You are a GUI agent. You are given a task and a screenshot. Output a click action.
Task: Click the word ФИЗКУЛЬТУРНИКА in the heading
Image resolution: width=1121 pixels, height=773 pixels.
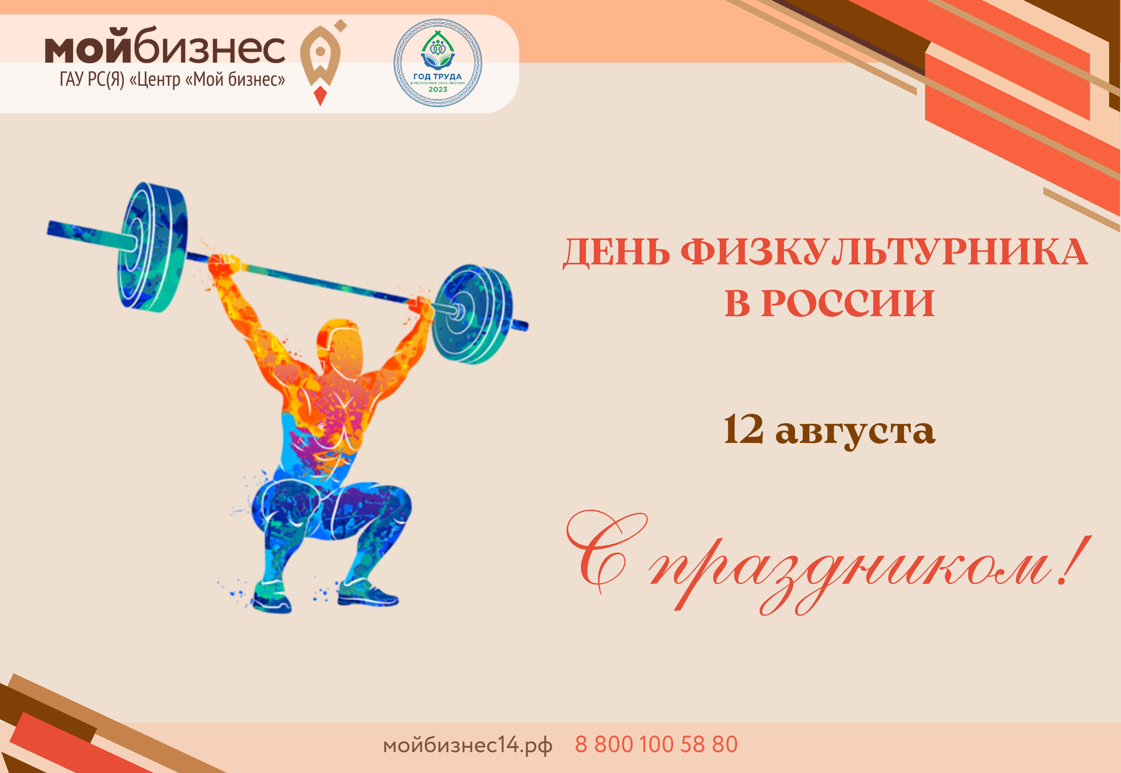coord(884,253)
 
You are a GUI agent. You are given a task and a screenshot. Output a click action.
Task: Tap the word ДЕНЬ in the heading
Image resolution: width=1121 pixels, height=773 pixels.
coord(616,253)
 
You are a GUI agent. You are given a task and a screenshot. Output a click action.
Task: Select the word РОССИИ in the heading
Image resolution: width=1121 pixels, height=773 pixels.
coord(848,304)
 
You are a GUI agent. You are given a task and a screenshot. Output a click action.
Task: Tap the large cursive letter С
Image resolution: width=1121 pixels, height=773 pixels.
coord(606,550)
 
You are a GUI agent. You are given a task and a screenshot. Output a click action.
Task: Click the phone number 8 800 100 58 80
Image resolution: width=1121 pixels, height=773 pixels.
coord(656,744)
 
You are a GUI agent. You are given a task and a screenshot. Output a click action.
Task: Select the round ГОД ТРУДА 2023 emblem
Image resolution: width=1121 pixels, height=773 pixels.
coord(438,63)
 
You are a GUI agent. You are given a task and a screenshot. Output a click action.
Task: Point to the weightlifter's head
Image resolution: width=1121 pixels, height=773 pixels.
coord(341,346)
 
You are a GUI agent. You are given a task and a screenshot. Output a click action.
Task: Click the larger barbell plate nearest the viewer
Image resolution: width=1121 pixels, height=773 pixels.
coord(152,247)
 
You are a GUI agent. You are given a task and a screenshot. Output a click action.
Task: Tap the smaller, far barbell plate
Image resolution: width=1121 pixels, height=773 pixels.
coord(471,313)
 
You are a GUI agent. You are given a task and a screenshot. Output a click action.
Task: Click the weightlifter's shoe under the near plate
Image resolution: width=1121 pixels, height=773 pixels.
coord(271,599)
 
